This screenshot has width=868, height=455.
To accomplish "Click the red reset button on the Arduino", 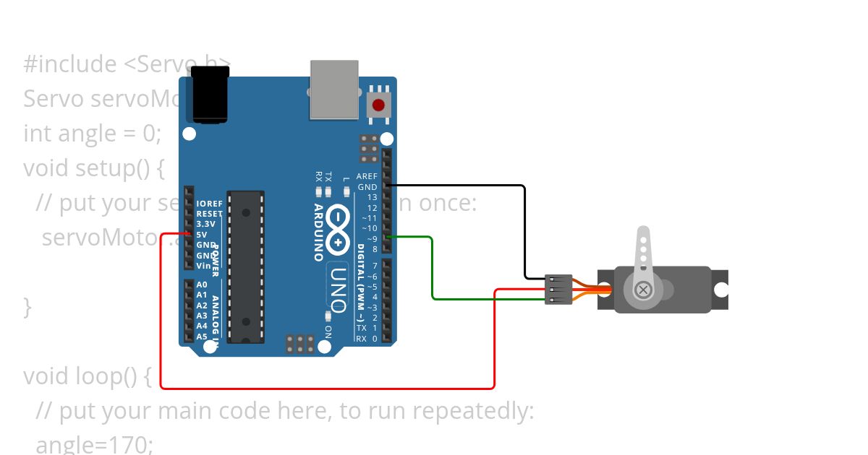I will (378, 105).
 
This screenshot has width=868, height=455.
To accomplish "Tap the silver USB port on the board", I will (334, 90).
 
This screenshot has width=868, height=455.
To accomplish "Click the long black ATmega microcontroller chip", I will (245, 266).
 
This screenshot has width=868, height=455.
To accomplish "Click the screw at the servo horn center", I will (642, 290).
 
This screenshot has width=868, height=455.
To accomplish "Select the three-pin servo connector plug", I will (558, 289).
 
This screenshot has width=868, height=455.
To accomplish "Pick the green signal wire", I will (432, 267).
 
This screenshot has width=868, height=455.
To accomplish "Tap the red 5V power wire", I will (325, 388).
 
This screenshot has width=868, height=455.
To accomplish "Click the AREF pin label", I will (367, 177).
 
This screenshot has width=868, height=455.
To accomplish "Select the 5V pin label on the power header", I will (202, 235).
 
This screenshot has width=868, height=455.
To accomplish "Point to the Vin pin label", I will (203, 266).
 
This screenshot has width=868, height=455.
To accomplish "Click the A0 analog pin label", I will (202, 285).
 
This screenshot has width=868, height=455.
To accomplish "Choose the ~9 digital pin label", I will (371, 239).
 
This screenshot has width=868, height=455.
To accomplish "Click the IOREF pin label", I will (209, 204).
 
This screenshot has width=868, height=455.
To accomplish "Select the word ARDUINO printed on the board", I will (318, 232).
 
